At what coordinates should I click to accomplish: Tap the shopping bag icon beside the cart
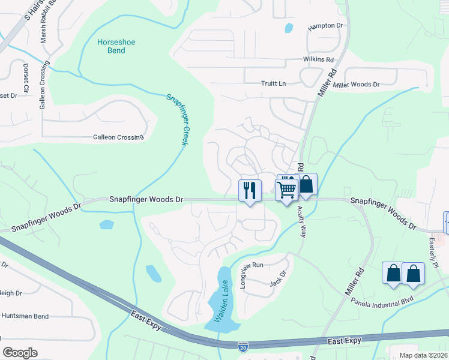[x=306, y=184]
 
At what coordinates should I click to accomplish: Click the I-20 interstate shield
[x=243, y=347]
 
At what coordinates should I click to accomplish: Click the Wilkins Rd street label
[x=318, y=60]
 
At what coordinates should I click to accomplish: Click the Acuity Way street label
[x=301, y=222]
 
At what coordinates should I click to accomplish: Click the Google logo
[x=20, y=352]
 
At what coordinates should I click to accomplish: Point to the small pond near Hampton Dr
[x=289, y=28]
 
